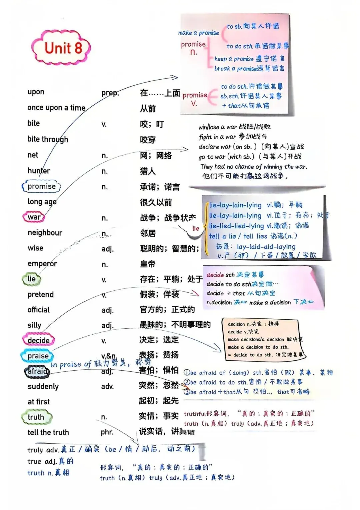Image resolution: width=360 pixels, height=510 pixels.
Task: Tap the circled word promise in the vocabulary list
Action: (x=42, y=186)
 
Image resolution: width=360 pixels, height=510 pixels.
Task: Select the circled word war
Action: (x=34, y=217)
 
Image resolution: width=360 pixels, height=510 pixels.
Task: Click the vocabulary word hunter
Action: (x=39, y=171)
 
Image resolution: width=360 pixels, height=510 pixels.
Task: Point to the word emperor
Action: (x=42, y=264)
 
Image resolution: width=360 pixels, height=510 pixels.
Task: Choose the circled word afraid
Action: (x=37, y=371)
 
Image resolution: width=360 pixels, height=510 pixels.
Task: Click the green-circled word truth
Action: (x=36, y=417)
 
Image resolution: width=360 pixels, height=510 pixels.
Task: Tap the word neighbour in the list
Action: (x=45, y=233)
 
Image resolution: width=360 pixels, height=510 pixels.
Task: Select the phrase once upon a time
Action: (x=56, y=108)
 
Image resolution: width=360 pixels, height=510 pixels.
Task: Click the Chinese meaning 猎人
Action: (x=148, y=171)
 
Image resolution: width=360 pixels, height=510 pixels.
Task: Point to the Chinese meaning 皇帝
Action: (x=148, y=264)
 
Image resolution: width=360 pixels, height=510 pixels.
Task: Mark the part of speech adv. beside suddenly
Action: (x=107, y=387)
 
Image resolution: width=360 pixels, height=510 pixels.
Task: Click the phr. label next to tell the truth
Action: (x=107, y=432)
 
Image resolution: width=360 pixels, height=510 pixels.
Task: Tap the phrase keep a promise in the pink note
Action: (x=234, y=59)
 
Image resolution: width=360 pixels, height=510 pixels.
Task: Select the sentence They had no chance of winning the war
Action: (x=254, y=167)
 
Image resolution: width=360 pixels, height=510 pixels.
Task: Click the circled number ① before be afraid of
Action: (x=187, y=373)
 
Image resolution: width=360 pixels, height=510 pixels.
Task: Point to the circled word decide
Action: (x=39, y=340)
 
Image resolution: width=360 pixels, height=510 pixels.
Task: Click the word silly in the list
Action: (x=34, y=325)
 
